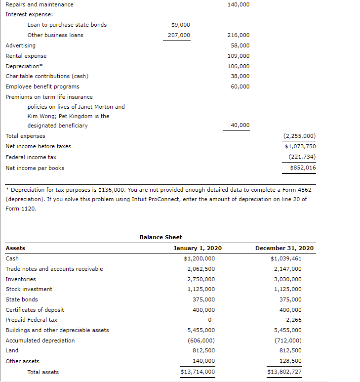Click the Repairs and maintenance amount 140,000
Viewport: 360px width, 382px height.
(x=239, y=4)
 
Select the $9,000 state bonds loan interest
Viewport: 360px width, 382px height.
(x=180, y=25)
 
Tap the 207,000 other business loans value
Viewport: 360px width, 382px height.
(x=179, y=35)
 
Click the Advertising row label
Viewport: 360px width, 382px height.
(x=20, y=45)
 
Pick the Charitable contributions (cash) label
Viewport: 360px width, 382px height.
(x=47, y=76)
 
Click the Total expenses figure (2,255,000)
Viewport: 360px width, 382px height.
(x=299, y=136)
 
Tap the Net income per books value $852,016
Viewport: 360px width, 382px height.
(x=303, y=168)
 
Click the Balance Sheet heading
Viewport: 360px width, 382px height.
(x=160, y=237)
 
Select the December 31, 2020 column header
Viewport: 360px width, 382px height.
(x=284, y=248)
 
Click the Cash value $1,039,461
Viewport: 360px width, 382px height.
(x=286, y=258)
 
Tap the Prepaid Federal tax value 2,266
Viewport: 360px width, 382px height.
(x=293, y=320)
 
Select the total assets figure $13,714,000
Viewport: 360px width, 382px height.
(x=198, y=372)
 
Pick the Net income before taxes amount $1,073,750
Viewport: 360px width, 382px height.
(x=300, y=146)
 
